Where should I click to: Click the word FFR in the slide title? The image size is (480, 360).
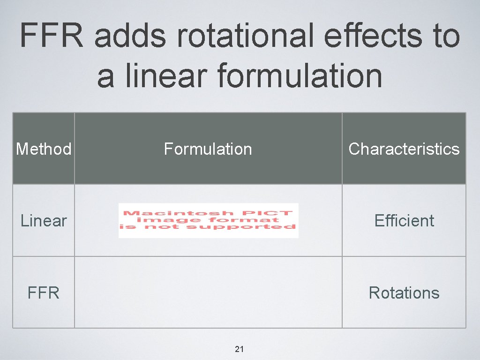coord(51,36)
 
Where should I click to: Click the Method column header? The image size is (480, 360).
coord(44,149)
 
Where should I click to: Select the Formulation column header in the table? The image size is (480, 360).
coord(208,149)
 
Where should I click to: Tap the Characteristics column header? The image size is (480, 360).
coord(404,149)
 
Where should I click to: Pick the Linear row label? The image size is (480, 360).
coord(44,221)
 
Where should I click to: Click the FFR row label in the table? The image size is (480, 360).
coord(44,293)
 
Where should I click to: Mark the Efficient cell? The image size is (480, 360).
coord(404,221)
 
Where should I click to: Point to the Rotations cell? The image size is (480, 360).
coord(404,293)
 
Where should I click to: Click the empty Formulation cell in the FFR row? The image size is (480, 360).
coord(208,292)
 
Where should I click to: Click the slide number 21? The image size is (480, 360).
coord(240,349)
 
